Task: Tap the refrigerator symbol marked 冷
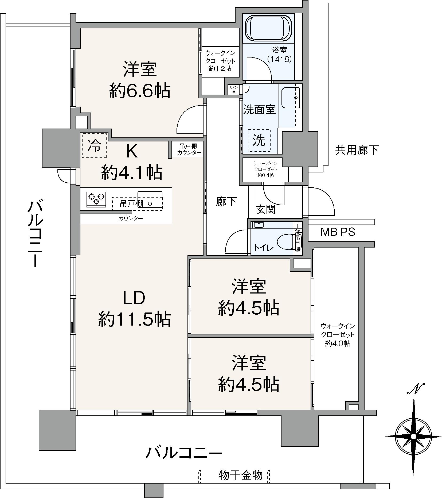point(94,145)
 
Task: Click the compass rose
point(413,436)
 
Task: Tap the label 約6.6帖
point(139,91)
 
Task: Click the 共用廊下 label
point(357,150)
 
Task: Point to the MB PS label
point(338,232)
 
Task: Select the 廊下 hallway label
point(226,202)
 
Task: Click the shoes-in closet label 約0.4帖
point(265,175)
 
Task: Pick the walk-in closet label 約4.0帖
point(338,343)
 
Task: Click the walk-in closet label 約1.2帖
point(220,69)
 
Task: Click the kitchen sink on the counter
point(150,199)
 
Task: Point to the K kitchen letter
point(131,152)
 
